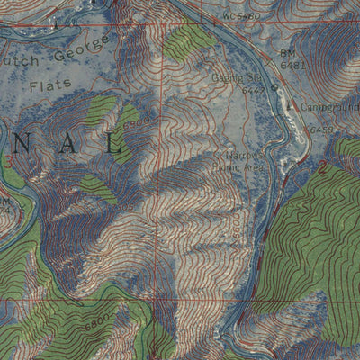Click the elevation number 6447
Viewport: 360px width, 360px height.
click(256, 90)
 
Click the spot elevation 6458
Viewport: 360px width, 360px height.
click(321, 130)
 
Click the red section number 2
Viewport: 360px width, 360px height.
click(322, 166)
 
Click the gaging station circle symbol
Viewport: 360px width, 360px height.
click(274, 88)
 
